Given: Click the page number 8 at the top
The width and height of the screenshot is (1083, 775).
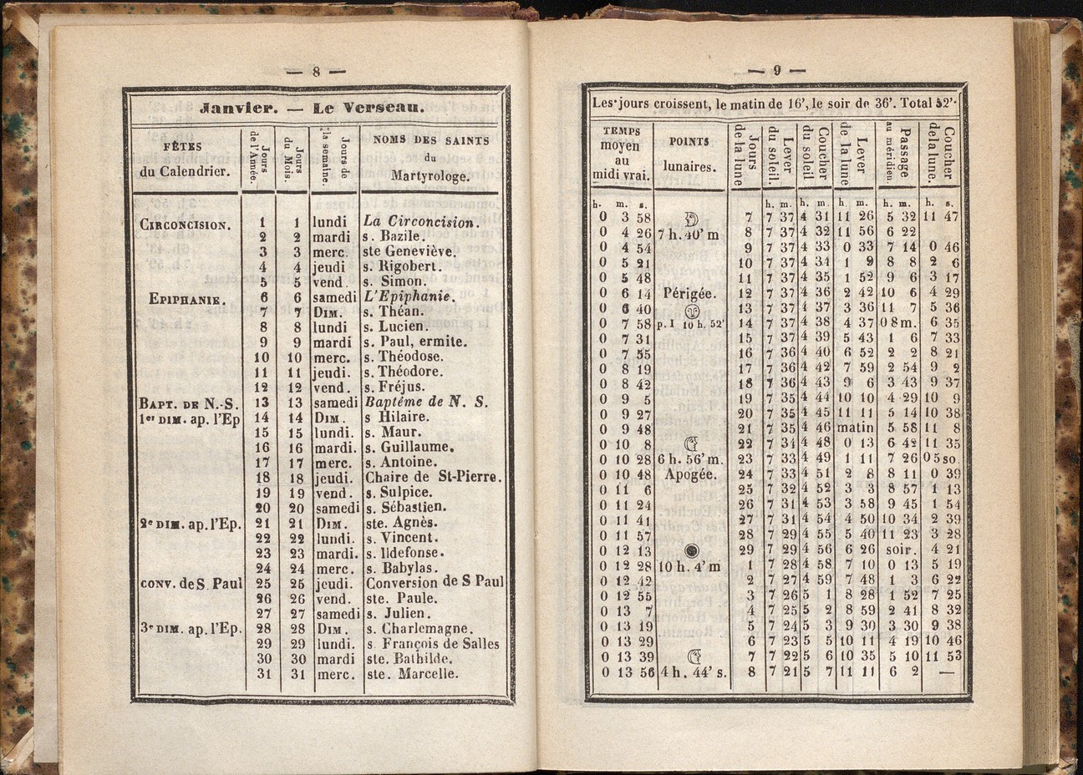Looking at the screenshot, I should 316,72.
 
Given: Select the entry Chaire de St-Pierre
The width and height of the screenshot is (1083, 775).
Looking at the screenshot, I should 432,477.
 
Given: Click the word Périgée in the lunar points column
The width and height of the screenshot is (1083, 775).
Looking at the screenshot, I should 689,293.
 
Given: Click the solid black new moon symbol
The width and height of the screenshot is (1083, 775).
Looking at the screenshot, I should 691,550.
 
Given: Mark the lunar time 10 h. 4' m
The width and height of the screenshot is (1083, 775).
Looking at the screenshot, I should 689,567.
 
